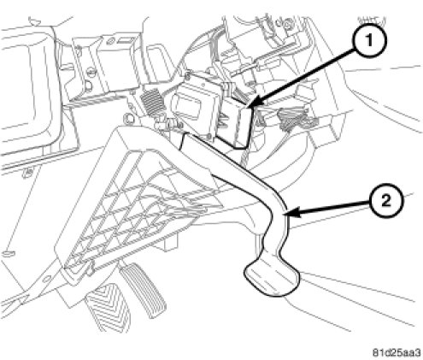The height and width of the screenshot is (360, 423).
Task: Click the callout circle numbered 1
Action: pyautogui.click(x=369, y=40)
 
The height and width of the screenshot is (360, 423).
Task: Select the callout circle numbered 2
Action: pyautogui.click(x=386, y=201)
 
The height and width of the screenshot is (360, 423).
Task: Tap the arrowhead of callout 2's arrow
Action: pyautogui.click(x=292, y=213)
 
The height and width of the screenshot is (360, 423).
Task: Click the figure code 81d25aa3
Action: pyautogui.click(x=397, y=353)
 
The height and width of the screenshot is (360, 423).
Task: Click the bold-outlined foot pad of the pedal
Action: pyautogui.click(x=272, y=278)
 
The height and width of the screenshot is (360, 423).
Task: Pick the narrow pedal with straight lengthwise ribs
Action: pyautogui.click(x=143, y=289)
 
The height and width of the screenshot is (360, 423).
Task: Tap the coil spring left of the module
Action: pyautogui.click(x=153, y=102)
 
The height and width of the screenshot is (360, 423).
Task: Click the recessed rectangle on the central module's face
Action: pyautogui.click(x=186, y=106)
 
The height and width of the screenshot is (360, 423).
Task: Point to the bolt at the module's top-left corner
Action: pyautogui.click(x=188, y=76)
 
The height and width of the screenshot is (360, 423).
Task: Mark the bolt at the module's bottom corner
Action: pyautogui.click(x=210, y=136)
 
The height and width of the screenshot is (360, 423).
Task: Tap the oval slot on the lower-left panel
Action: pyautogui.click(x=8, y=253)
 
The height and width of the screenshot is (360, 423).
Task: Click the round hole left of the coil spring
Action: pyautogui.click(x=128, y=117)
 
